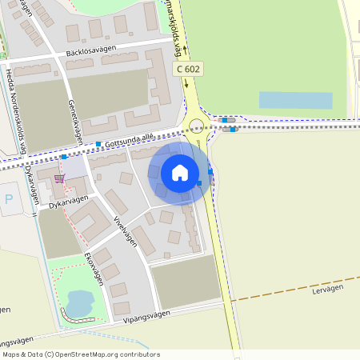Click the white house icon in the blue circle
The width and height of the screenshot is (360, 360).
tap(180, 172)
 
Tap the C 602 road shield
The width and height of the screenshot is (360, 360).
tap(187, 70)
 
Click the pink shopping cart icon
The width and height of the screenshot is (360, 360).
tap(60, 178)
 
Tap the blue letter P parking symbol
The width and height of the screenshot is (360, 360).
tap(9, 199)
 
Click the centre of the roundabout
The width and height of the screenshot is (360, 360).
tap(197, 125)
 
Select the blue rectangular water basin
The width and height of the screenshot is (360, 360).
tap(295, 100)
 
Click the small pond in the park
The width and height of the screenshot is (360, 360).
tap(79, 303)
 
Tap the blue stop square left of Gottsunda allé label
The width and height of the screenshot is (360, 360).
tap(98, 144)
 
